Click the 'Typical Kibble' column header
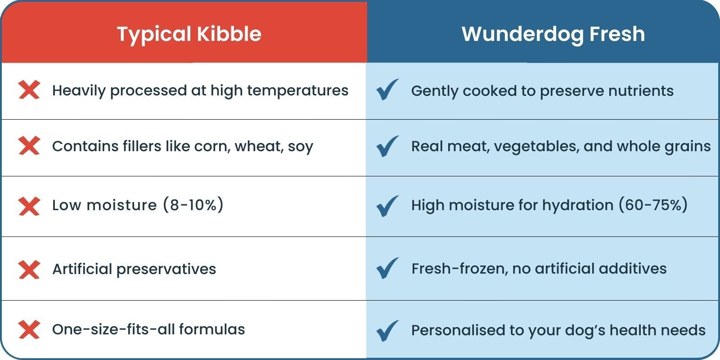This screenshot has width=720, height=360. tap(189, 34)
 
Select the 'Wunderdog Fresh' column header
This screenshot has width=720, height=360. tap(553, 34)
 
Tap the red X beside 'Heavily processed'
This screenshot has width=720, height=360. tap(29, 90)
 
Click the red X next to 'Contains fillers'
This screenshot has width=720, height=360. tap(29, 146)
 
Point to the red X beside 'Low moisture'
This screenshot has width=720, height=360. tap(29, 206)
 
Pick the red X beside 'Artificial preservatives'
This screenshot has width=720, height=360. tap(29, 269)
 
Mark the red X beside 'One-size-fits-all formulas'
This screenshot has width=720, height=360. tap(29, 330)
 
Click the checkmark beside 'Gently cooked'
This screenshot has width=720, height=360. tap(387, 90)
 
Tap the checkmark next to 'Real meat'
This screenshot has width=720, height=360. tap(387, 146)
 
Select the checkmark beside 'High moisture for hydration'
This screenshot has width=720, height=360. tap(387, 206)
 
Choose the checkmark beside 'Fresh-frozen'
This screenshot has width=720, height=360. tap(387, 268)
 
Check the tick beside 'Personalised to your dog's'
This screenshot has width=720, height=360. tap(387, 330)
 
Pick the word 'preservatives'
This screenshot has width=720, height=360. tap(166, 269)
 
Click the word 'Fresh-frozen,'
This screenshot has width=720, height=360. tap(460, 269)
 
